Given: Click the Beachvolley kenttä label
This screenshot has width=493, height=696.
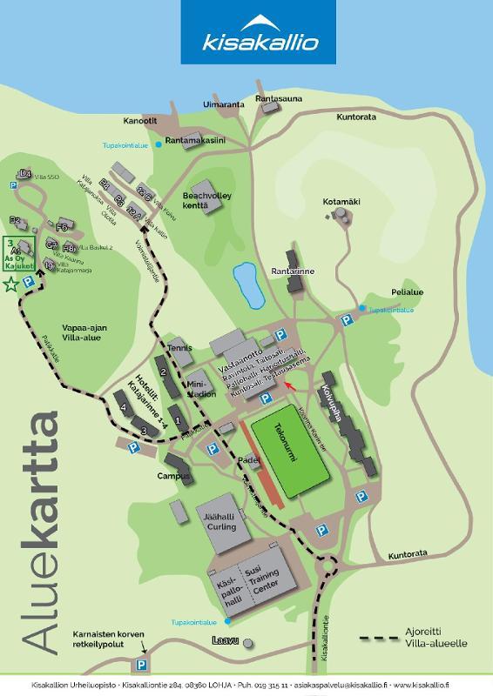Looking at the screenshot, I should pos(206,202).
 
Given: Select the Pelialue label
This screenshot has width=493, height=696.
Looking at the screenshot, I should pos(407,292).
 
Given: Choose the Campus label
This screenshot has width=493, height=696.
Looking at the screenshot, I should pos(173,476).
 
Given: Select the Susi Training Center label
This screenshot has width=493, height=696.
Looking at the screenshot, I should pos(267,581).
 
